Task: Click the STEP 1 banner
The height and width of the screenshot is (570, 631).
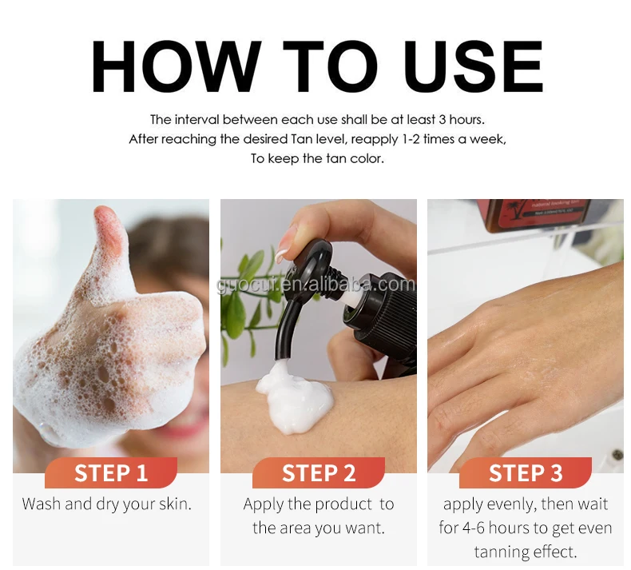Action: coord(111,472)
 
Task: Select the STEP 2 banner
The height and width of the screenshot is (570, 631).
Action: coord(319,472)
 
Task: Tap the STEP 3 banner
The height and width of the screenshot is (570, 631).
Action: coord(525,472)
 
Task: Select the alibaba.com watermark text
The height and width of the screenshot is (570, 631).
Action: coord(315,285)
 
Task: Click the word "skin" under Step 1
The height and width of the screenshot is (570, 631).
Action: coord(175,504)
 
